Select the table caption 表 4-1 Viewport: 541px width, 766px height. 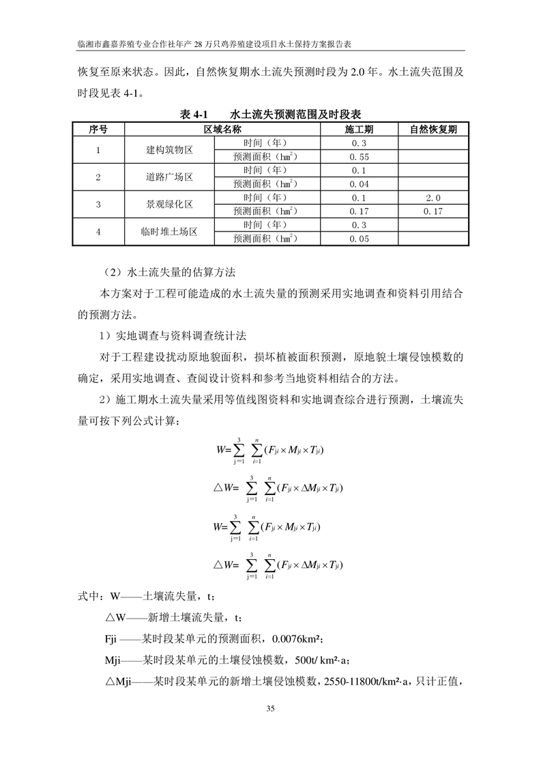pos(193,114)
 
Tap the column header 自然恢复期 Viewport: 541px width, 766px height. pos(433,129)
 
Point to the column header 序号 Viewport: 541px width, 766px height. pos(98,129)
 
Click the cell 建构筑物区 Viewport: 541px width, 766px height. pos(169,150)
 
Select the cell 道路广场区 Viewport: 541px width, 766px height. pos(169,178)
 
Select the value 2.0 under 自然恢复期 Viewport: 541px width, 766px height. pos(433,198)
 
